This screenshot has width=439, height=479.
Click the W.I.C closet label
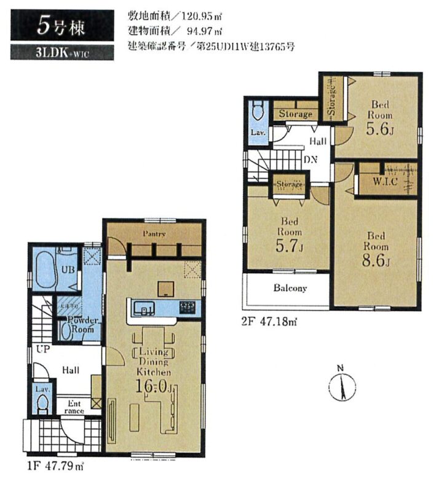[x=386, y=183]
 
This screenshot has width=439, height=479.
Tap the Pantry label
[x=154, y=234]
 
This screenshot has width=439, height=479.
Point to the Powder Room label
[x=81, y=325]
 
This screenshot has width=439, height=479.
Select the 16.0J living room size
[x=155, y=387]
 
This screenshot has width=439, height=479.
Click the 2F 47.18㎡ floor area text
[x=269, y=321]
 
